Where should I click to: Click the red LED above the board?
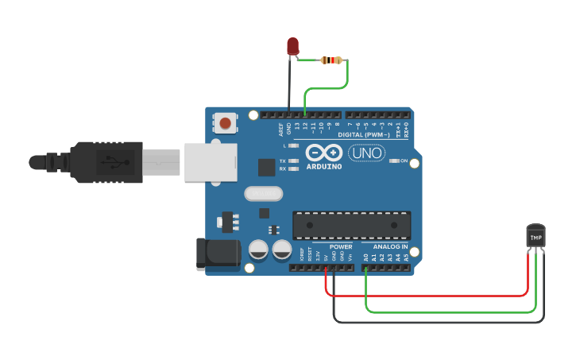click(x=293, y=45)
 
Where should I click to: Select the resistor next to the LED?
click(x=331, y=60)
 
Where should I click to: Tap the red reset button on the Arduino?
click(x=226, y=123)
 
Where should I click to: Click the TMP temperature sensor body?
click(x=536, y=236)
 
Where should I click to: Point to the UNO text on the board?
click(x=367, y=153)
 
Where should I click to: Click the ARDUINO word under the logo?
click(x=324, y=167)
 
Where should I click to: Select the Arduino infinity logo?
click(x=323, y=153)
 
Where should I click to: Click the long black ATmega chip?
click(x=352, y=225)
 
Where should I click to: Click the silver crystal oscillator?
click(x=263, y=193)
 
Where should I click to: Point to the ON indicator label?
click(x=404, y=161)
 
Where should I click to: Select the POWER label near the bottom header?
click(x=341, y=247)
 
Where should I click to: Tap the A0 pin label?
click(x=365, y=257)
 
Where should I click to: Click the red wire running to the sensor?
click(x=429, y=296)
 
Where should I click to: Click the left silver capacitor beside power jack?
click(x=258, y=250)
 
